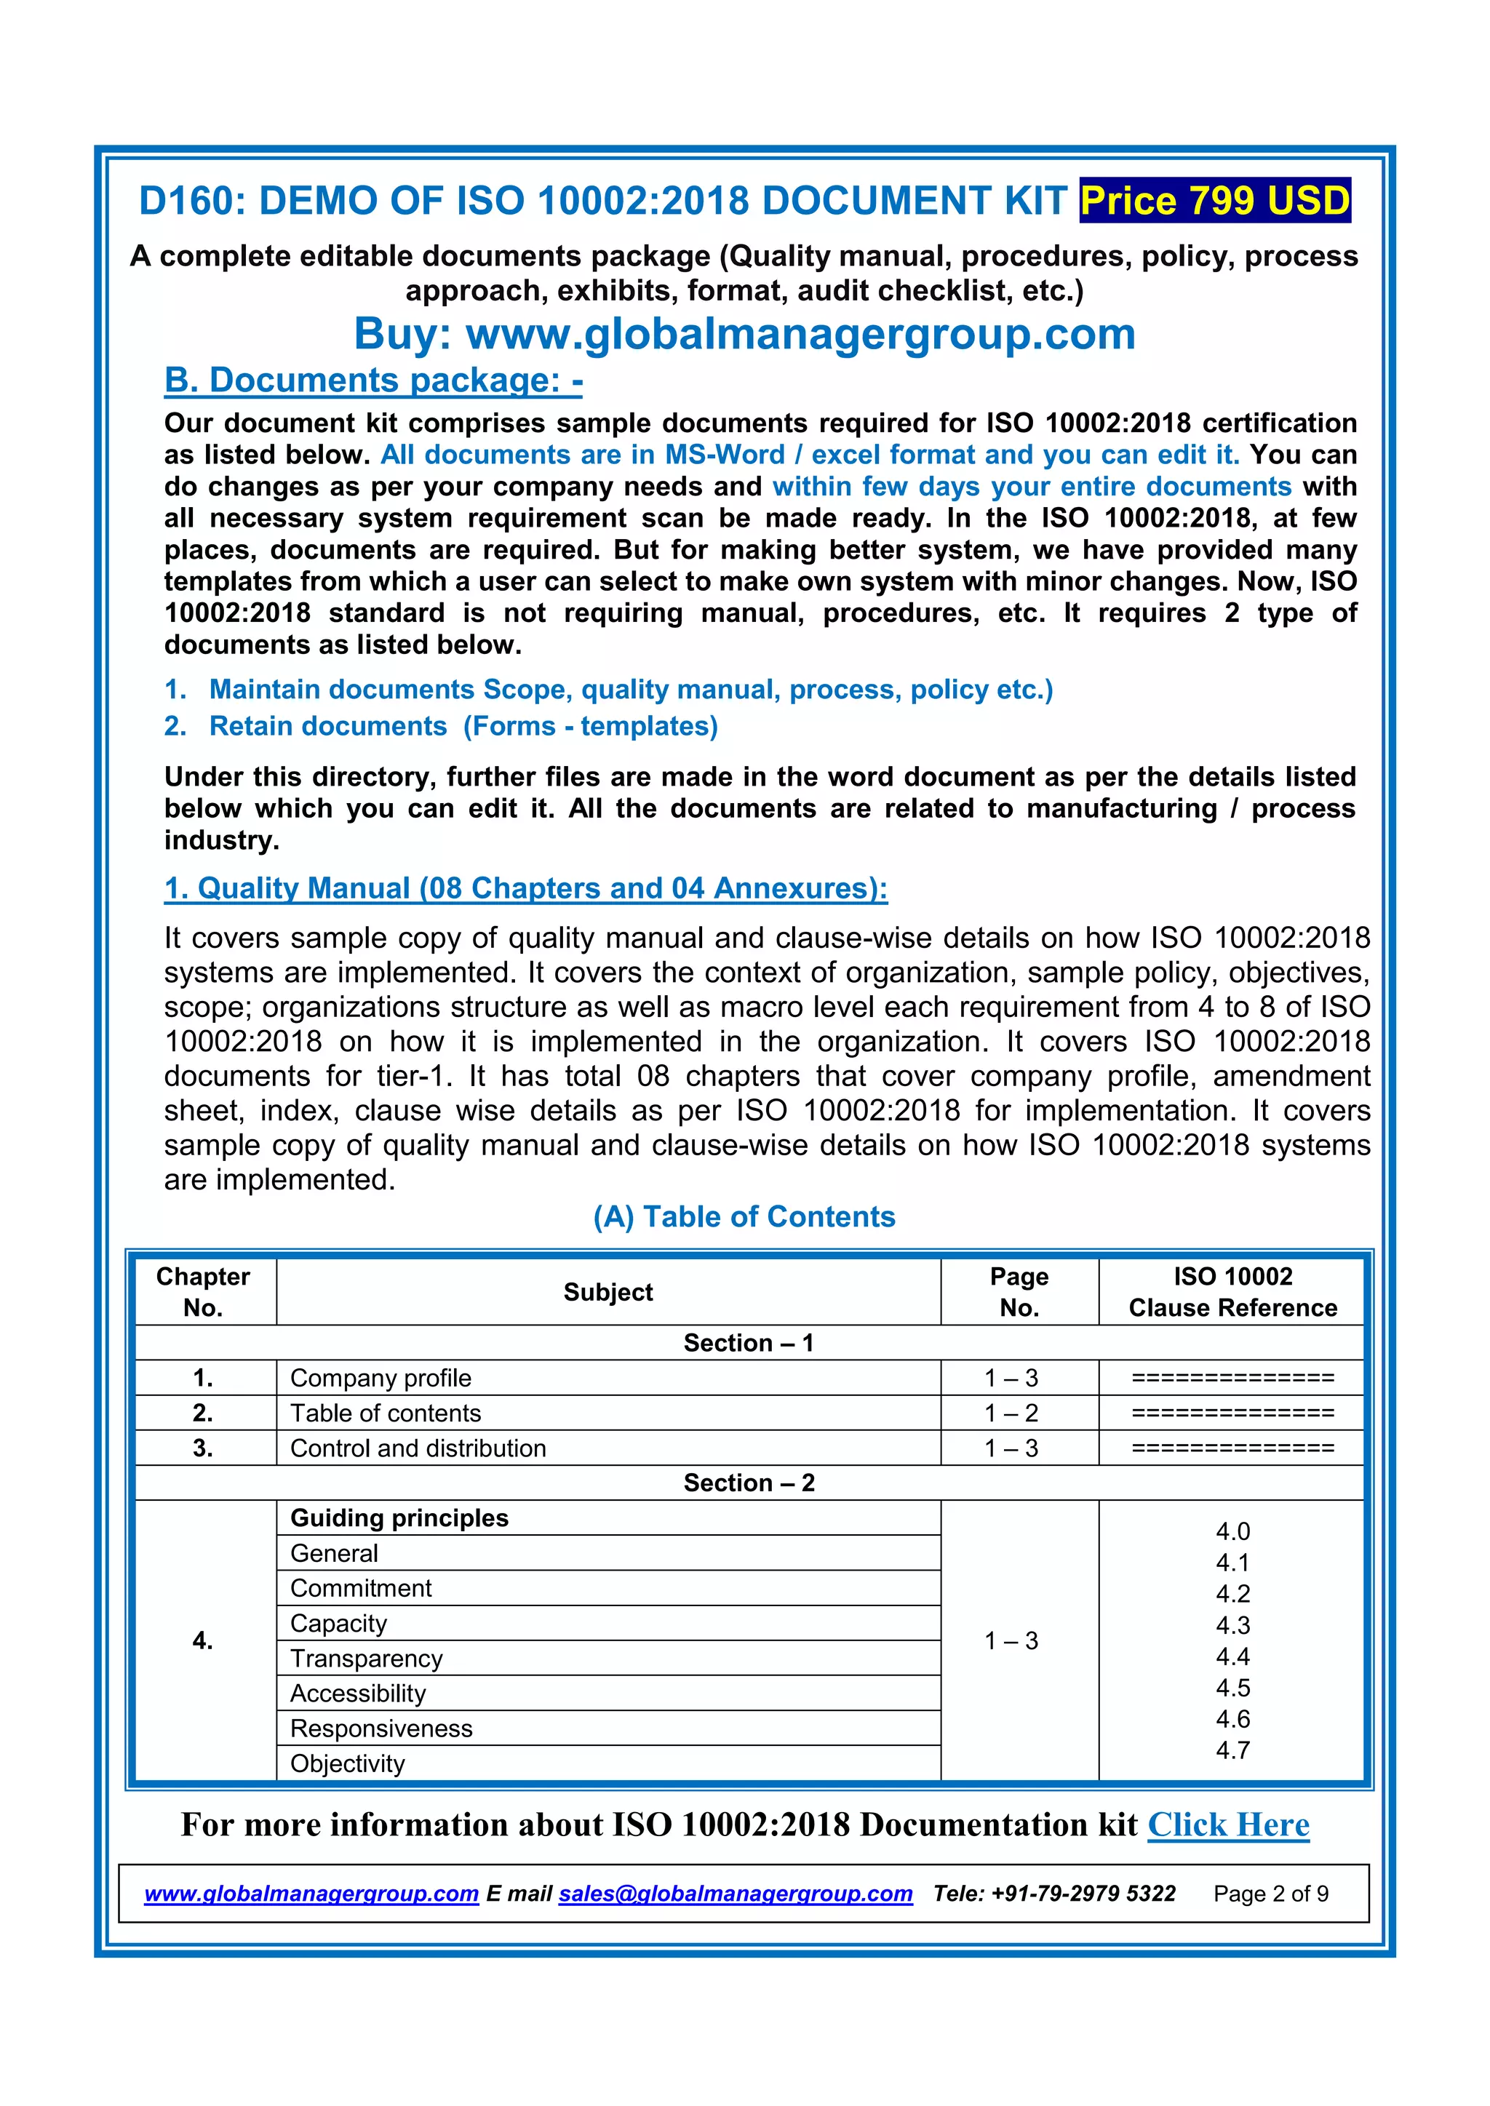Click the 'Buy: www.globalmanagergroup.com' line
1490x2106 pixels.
click(x=744, y=334)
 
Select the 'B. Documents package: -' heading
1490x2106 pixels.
click(x=372, y=380)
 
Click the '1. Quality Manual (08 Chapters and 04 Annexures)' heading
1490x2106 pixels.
click(x=525, y=888)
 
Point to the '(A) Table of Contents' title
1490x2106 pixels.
click(x=744, y=1216)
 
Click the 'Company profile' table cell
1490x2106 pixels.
click(x=381, y=1378)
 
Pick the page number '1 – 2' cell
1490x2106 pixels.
click(x=1011, y=1413)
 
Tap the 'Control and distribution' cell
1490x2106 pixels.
click(x=418, y=1448)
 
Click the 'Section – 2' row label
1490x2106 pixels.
click(x=749, y=1483)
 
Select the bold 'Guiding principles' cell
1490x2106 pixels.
click(x=399, y=1518)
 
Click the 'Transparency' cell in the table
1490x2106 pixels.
click(x=366, y=1659)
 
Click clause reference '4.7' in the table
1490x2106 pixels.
click(x=1232, y=1750)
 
